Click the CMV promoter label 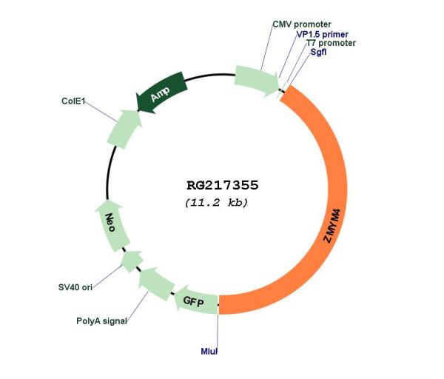click(302, 24)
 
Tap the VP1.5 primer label click(322, 34)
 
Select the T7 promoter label click(331, 43)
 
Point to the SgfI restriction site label click(318, 52)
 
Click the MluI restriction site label click(209, 351)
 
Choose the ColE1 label click(73, 101)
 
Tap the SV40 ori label click(75, 287)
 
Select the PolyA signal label click(101, 321)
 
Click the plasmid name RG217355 click(223, 186)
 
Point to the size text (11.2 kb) click(216, 203)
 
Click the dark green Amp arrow click(161, 93)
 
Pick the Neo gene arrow click(112, 226)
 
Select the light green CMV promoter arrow click(256, 81)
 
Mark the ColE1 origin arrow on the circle click(124, 129)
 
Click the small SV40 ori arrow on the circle click(132, 261)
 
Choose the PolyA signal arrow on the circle click(156, 284)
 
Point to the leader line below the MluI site click(218, 331)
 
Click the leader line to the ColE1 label click(101, 111)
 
